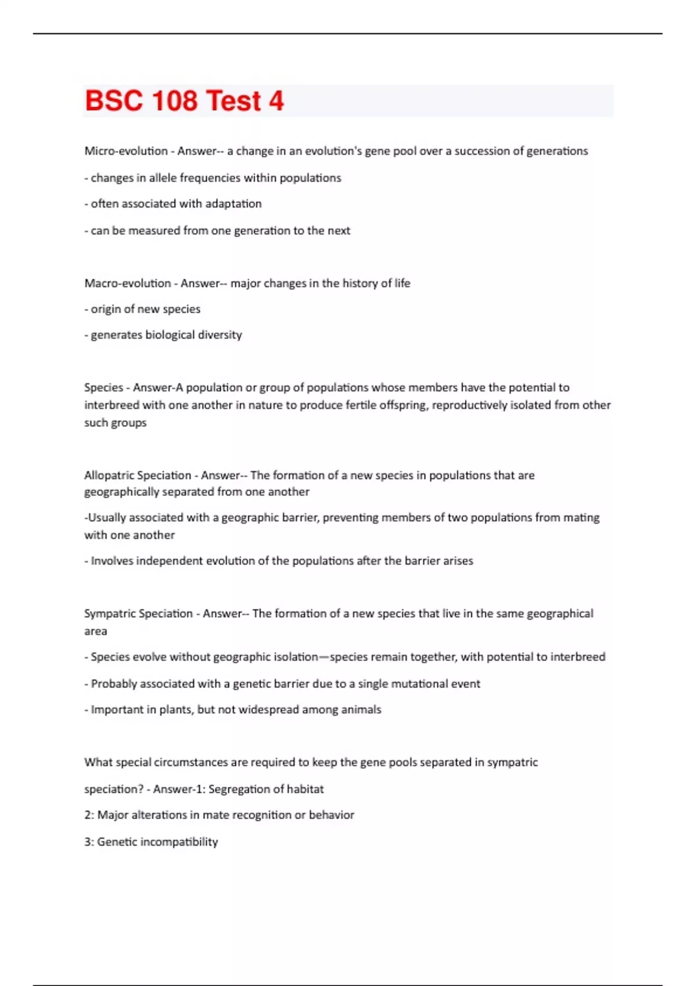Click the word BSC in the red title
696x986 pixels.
click(114, 101)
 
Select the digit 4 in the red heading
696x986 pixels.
click(276, 101)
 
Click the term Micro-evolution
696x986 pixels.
click(126, 151)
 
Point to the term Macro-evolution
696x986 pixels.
click(128, 283)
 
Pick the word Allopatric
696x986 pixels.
click(108, 475)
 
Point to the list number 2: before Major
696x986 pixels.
click(89, 815)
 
